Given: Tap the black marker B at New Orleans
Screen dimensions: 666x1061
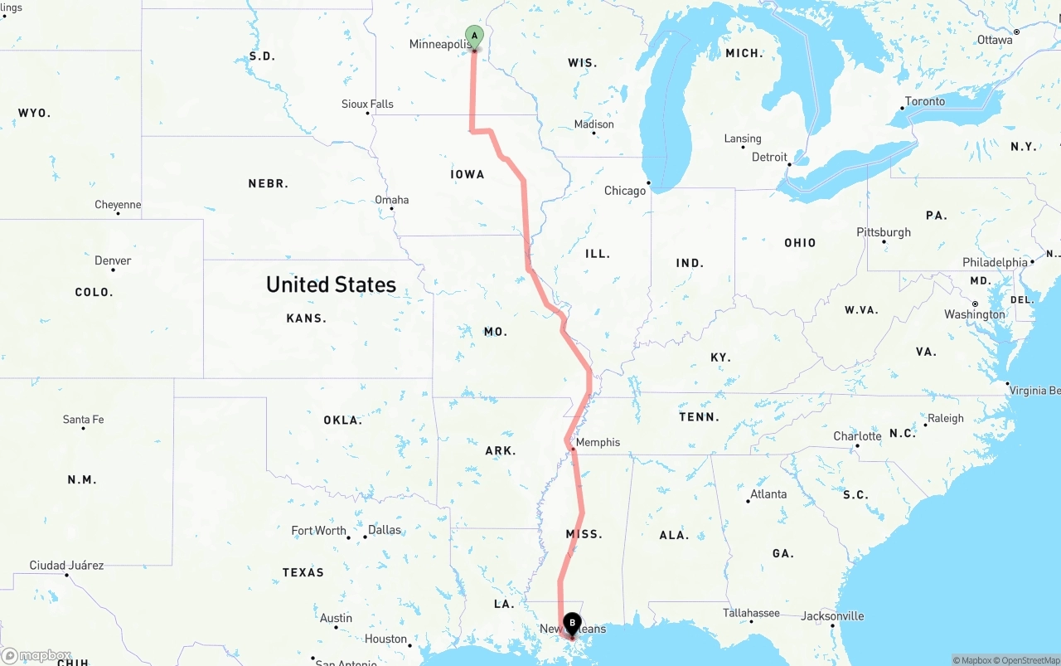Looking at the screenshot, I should click(572, 624).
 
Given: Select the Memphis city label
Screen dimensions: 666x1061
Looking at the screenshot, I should click(598, 442).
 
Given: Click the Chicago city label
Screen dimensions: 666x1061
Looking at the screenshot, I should click(625, 191).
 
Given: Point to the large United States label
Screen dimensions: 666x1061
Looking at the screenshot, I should click(331, 284).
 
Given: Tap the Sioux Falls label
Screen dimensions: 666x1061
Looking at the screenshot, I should click(367, 104).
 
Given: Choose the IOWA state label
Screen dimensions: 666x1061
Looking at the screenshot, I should click(468, 174).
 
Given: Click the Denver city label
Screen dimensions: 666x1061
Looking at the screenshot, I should click(113, 260).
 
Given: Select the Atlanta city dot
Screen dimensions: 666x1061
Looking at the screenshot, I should click(748, 501).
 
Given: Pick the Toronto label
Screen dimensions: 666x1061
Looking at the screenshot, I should click(925, 101).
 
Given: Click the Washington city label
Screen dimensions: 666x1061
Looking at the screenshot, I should click(975, 314).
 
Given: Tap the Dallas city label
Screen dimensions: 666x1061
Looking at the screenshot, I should click(385, 530).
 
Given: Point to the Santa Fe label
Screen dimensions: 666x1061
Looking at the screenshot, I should click(84, 420).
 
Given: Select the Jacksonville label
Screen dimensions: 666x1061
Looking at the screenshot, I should click(832, 616).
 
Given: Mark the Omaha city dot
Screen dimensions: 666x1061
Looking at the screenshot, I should click(392, 208).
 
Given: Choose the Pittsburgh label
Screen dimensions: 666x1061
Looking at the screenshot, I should click(884, 232).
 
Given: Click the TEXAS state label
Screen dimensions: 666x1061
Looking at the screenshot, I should click(303, 572).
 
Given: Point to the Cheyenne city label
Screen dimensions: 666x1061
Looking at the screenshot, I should click(118, 205).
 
